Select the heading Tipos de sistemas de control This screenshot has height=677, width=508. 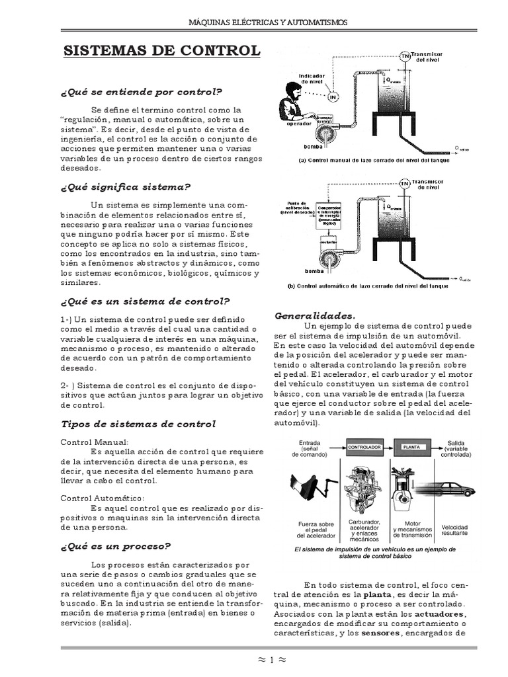138,423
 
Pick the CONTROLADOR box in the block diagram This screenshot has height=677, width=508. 364,447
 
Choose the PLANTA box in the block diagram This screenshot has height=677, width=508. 411,447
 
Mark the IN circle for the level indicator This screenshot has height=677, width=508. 333,97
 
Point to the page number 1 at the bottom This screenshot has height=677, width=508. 253,658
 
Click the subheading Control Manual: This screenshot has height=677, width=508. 95,442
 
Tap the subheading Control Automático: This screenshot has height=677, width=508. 102,498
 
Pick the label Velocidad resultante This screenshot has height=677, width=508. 454,530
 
